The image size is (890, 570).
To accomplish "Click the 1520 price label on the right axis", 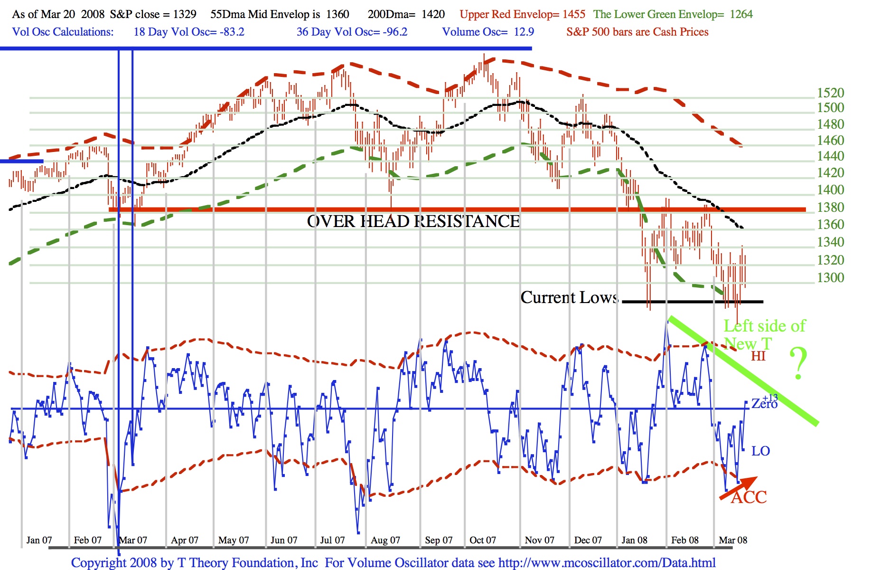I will tap(830, 93).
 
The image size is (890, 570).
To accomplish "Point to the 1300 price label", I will tap(830, 277).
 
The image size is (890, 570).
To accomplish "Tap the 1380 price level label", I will tap(830, 207).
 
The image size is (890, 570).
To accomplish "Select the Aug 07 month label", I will tap(385, 540).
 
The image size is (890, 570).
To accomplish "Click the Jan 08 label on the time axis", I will tap(634, 540).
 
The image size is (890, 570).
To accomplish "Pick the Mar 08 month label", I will tap(732, 540).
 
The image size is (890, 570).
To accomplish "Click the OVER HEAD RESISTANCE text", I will tap(413, 221).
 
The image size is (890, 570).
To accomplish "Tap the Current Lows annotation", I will tap(569, 297).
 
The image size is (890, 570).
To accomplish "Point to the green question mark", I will tap(798, 363).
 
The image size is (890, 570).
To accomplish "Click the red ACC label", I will tap(749, 498).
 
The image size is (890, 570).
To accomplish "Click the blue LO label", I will tap(760, 451).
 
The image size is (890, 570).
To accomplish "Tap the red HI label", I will tap(758, 356).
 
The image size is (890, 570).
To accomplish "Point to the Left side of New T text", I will tap(764, 334).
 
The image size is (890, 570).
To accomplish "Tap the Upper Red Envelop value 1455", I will tap(574, 14).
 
